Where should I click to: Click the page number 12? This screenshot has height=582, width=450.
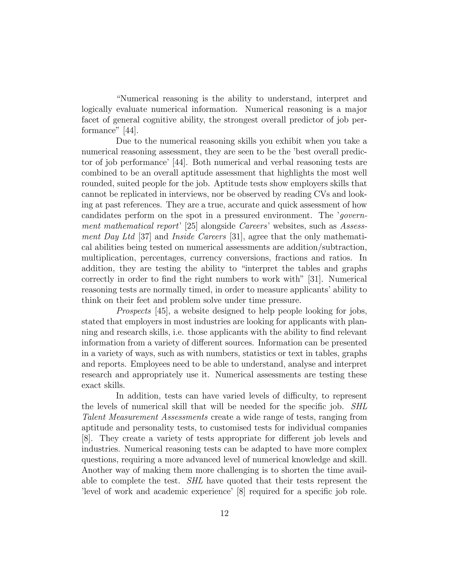[225, 513]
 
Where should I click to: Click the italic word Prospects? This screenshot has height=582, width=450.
[134, 311]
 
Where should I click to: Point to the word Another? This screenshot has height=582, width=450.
[97, 470]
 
